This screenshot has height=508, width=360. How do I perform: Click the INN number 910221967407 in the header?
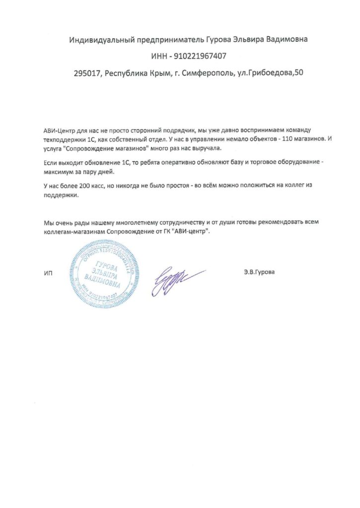click(200, 56)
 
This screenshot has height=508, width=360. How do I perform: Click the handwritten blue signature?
click(179, 280)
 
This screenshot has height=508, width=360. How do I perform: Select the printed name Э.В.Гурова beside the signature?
click(259, 272)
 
